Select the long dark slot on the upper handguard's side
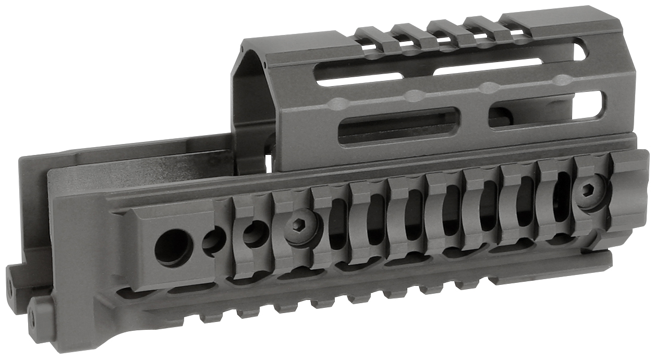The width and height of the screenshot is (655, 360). tap(399, 126)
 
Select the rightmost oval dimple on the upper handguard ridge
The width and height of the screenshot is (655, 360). tap(562, 80)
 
